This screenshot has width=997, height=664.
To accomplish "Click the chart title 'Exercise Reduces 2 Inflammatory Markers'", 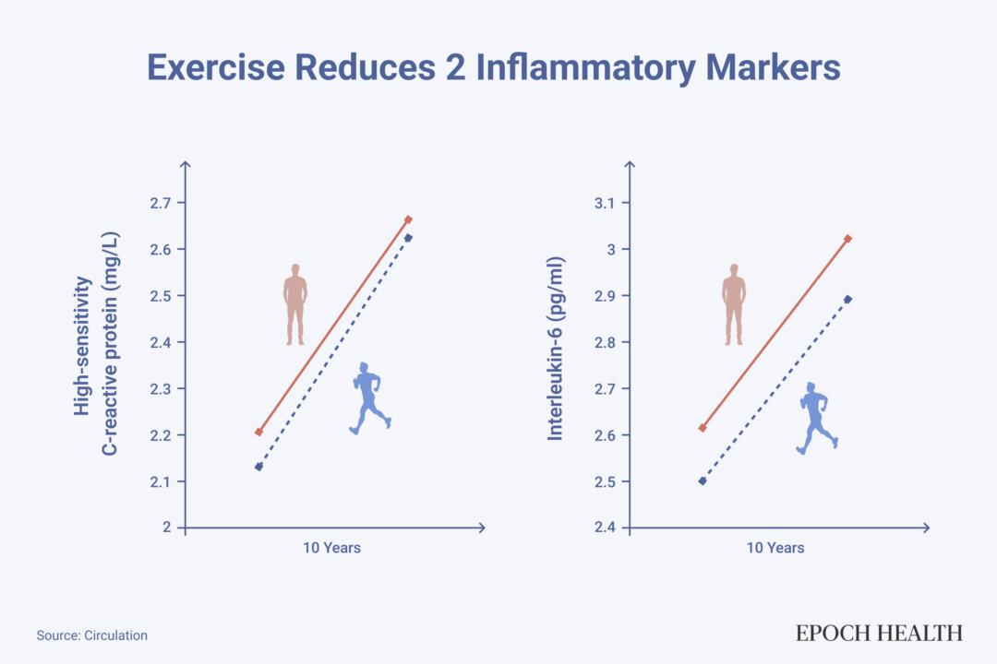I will pyautogui.click(x=494, y=69).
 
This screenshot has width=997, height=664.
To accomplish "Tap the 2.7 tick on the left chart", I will pyautogui.click(x=161, y=203).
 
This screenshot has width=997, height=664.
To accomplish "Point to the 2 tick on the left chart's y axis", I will pyautogui.click(x=167, y=528).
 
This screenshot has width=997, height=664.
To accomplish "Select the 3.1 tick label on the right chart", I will pyautogui.click(x=607, y=203).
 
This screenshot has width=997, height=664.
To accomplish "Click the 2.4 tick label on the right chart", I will pyautogui.click(x=607, y=528).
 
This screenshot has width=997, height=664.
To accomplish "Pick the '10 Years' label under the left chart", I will pyautogui.click(x=331, y=548).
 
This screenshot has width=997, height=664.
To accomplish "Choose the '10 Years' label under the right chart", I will pyautogui.click(x=775, y=548).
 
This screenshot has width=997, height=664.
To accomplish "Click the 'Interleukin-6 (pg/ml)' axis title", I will pyautogui.click(x=556, y=348).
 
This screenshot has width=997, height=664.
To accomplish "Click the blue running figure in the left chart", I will pyautogui.click(x=370, y=398).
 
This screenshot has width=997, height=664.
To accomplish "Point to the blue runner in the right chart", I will pyautogui.click(x=816, y=418).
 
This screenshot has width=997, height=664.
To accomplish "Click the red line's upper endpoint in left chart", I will pyautogui.click(x=408, y=219).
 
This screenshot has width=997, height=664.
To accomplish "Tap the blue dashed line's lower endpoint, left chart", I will pyautogui.click(x=258, y=467).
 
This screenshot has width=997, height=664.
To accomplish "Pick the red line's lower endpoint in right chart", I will pyautogui.click(x=703, y=428).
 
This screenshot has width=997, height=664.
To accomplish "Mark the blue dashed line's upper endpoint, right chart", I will pyautogui.click(x=847, y=299).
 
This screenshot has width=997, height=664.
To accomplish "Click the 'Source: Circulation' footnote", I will pyautogui.click(x=92, y=635).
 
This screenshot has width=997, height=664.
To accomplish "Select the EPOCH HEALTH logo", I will pyautogui.click(x=879, y=633).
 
